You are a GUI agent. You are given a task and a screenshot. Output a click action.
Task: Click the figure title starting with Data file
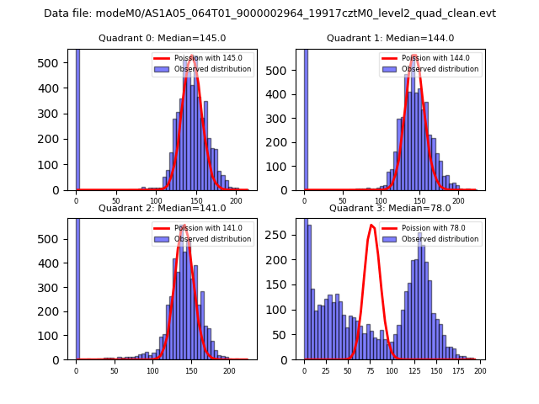click(x=269, y=13)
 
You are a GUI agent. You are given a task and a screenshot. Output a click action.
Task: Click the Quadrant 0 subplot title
click(x=162, y=38)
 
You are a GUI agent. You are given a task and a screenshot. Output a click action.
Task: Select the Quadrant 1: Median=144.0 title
click(x=390, y=38)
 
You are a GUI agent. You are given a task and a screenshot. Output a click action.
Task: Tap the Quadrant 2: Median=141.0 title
click(x=162, y=208)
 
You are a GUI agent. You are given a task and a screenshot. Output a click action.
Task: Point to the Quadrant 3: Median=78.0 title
click(x=390, y=208)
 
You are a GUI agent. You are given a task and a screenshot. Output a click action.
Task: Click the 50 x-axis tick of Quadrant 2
click(x=115, y=369)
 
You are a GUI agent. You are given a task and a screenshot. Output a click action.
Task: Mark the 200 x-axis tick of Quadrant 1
click(x=458, y=200)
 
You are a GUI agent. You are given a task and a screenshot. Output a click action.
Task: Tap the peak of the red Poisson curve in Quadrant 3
click(x=371, y=225)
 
